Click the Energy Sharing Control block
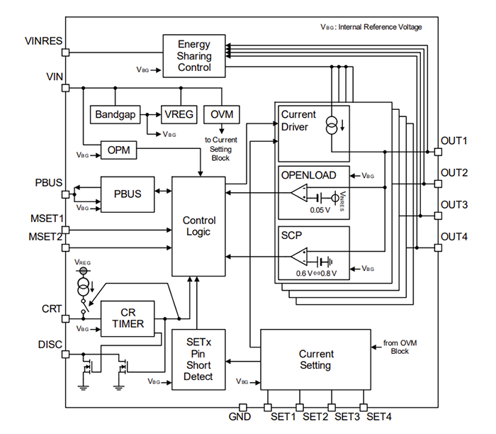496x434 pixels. (x=194, y=56)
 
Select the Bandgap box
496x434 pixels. (x=114, y=113)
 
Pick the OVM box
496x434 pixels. (x=222, y=113)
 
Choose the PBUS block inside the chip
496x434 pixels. (x=127, y=194)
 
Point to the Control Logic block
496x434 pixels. (x=199, y=226)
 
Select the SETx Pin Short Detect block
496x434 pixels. (x=198, y=360)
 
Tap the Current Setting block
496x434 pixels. (x=315, y=360)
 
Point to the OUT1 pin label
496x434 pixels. (x=453, y=140)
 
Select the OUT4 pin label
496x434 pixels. (x=453, y=236)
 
